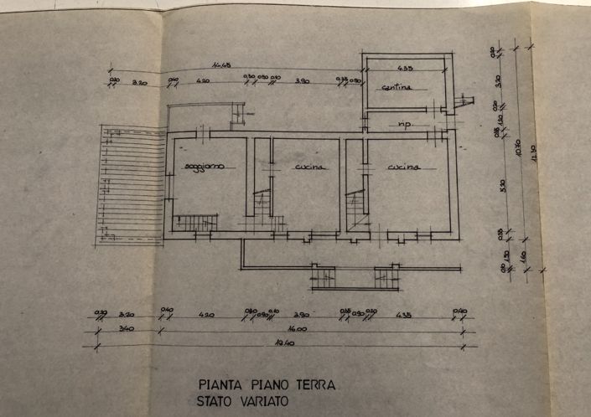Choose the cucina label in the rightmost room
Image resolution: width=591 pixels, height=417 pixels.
tap(403, 167)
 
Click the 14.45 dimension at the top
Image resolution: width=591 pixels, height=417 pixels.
tap(221, 65)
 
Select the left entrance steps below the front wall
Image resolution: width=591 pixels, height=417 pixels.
tap(323, 275)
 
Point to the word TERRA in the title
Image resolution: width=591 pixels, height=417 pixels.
tap(314, 385)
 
